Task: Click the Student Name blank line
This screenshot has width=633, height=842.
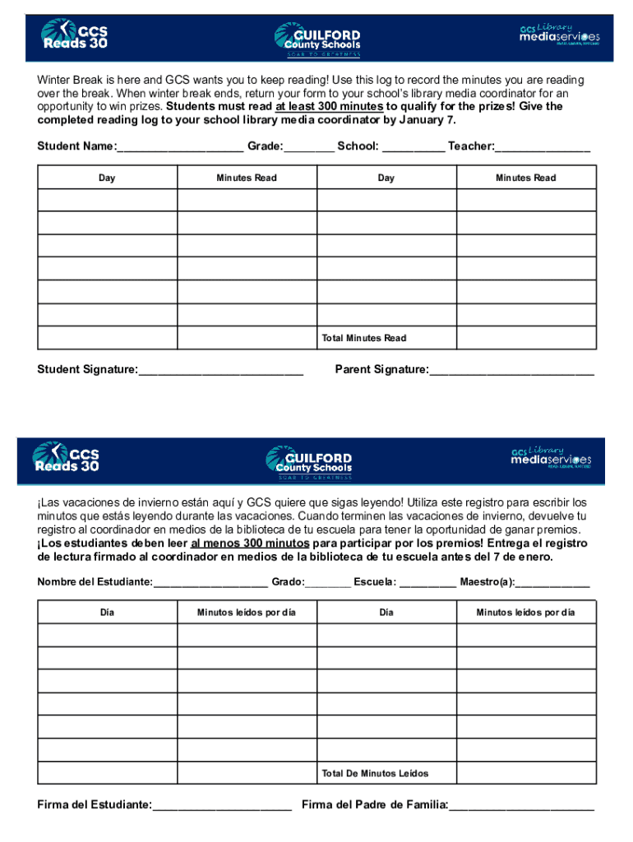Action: click(x=180, y=148)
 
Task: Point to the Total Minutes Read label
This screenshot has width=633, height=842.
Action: click(x=364, y=338)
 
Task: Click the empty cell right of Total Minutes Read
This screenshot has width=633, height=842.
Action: click(x=526, y=338)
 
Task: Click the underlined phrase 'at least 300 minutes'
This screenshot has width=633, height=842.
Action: click(x=329, y=106)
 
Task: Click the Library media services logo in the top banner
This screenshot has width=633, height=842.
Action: click(x=559, y=35)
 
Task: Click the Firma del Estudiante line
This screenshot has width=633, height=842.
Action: click(x=222, y=806)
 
